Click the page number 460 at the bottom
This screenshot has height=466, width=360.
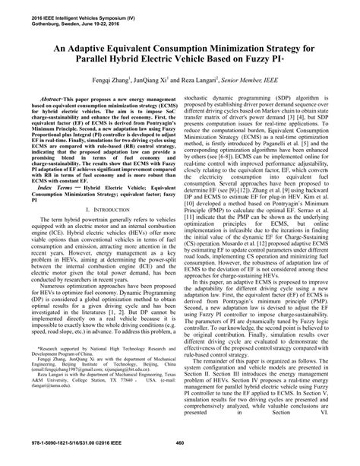click(x=180, y=444)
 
